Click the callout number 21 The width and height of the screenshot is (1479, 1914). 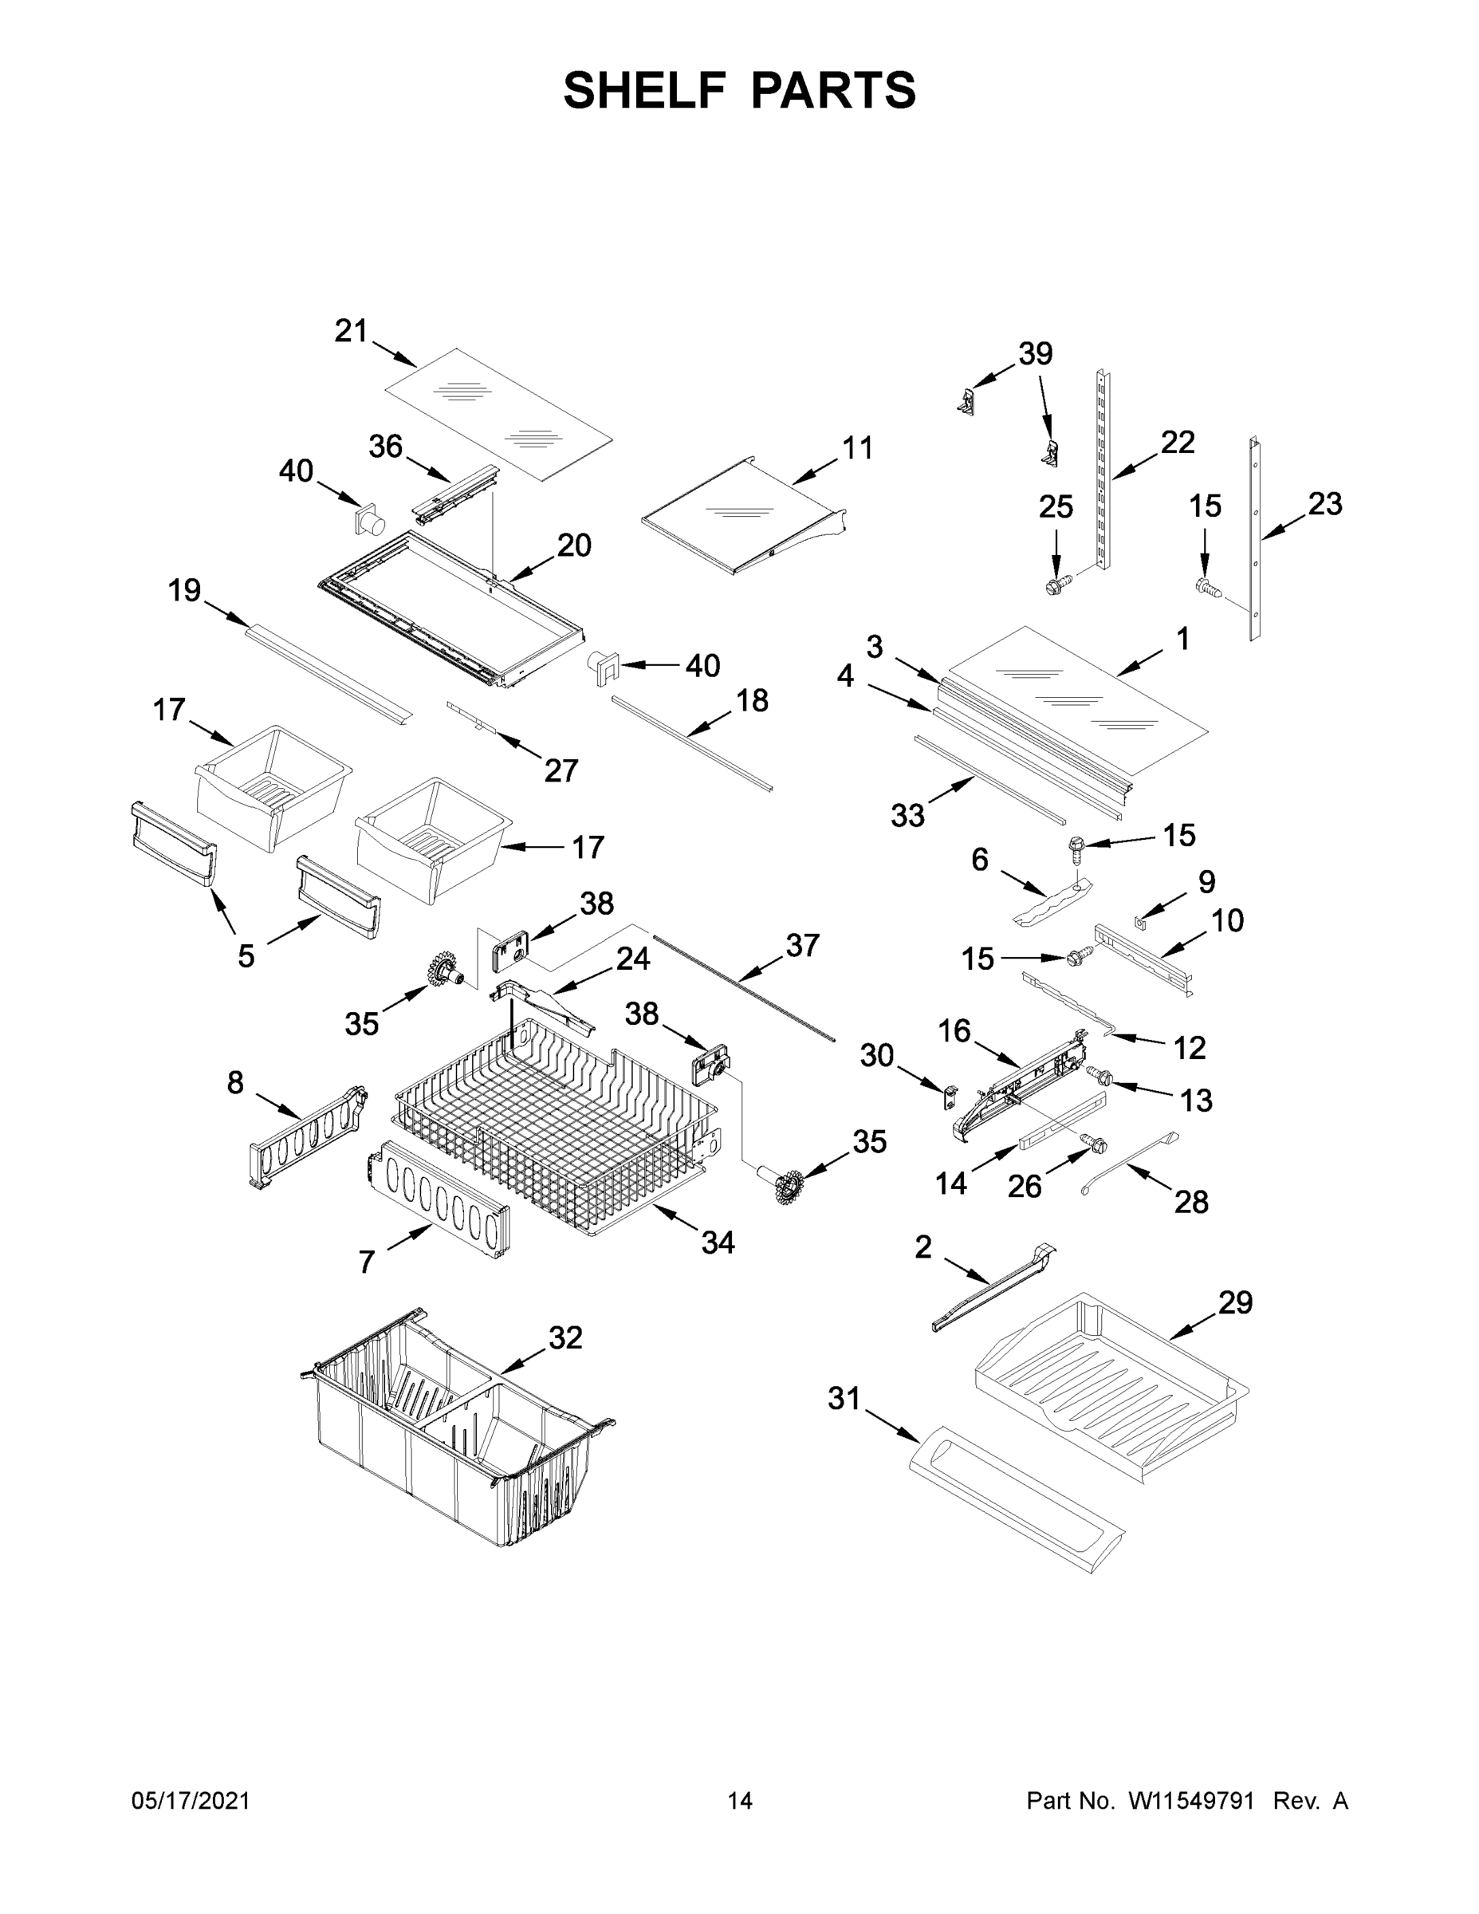pyautogui.click(x=351, y=331)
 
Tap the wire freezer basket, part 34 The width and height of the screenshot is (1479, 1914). pyautogui.click(x=552, y=1131)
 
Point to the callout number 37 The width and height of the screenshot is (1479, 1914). pyautogui.click(x=802, y=945)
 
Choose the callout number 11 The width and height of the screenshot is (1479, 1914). pyautogui.click(x=857, y=448)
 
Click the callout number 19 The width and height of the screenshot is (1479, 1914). pyautogui.click(x=184, y=591)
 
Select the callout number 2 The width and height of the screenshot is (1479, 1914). pyautogui.click(x=922, y=1247)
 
